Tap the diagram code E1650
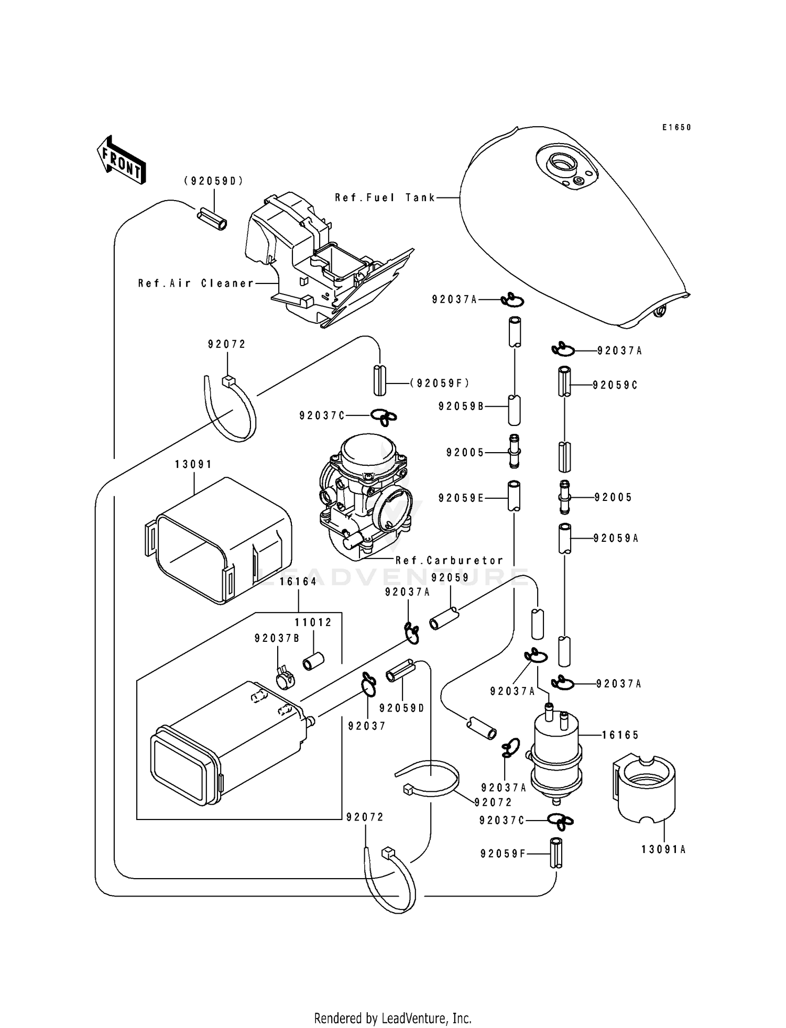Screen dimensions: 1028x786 click(676, 127)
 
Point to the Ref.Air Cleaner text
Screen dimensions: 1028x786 click(196, 283)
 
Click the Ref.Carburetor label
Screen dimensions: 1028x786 click(449, 560)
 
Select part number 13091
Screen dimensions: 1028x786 click(193, 464)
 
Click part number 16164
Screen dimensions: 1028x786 click(298, 582)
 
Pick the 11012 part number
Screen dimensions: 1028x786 click(313, 622)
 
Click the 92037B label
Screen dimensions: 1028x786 click(277, 638)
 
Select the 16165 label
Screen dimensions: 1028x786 click(620, 735)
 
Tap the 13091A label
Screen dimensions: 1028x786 click(663, 850)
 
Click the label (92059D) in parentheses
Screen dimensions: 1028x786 click(214, 181)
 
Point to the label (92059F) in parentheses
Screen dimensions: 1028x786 click(440, 384)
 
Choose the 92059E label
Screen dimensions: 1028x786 click(461, 498)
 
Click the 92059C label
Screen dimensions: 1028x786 click(615, 385)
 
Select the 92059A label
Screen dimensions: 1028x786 click(616, 538)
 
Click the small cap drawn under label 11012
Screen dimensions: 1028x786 click(313, 661)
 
